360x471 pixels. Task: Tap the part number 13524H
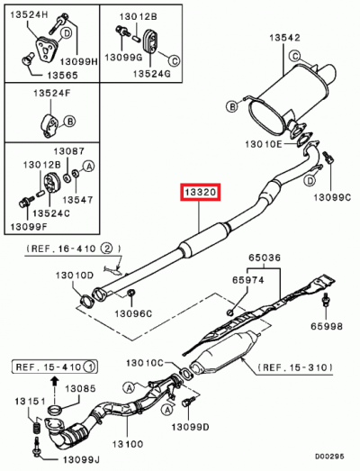(x=29, y=15)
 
